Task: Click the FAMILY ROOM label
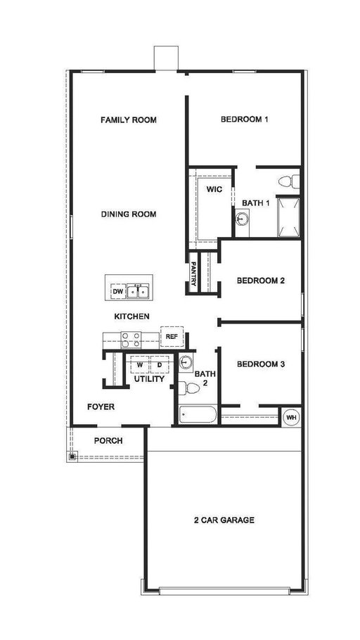click(x=129, y=120)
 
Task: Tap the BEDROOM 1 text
click(x=244, y=120)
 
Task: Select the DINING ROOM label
click(x=129, y=215)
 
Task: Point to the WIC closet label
click(x=214, y=189)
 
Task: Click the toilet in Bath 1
click(x=289, y=181)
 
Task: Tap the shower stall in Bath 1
click(x=288, y=217)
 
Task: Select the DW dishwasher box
click(x=118, y=291)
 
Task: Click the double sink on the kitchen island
click(x=137, y=291)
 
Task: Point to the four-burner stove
click(x=131, y=340)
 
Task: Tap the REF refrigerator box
click(x=172, y=337)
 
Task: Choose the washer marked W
click(x=140, y=364)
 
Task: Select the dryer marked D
click(x=160, y=364)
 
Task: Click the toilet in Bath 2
click(x=189, y=388)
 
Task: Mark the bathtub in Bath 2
click(x=198, y=414)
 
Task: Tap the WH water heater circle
click(x=291, y=417)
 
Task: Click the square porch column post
click(x=72, y=456)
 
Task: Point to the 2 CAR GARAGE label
click(x=224, y=520)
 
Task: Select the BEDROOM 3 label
click(x=260, y=364)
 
